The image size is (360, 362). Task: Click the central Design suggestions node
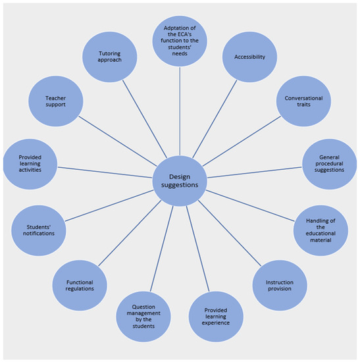click(x=180, y=178)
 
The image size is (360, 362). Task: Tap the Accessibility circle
click(x=249, y=57)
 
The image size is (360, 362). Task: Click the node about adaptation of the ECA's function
click(x=179, y=43)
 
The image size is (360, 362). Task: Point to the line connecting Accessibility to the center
click(x=218, y=112)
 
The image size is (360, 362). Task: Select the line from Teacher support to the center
click(x=118, y=140)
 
